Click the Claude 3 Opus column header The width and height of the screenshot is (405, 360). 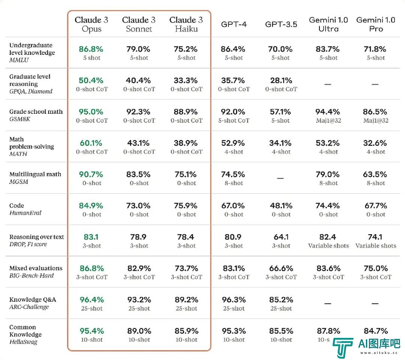91,24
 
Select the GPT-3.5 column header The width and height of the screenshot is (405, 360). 281,24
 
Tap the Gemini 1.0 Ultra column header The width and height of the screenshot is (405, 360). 328,24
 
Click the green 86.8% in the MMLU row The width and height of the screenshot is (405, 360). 91,49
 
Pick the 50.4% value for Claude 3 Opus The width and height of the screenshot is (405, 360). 91,80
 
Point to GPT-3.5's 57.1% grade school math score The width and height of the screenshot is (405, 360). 281,112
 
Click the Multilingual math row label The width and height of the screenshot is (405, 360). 35,174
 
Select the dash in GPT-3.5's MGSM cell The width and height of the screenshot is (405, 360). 280,178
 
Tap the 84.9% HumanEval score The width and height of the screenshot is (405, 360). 91,206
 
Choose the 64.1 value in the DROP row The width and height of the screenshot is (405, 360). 281,237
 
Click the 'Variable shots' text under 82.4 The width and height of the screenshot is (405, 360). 328,246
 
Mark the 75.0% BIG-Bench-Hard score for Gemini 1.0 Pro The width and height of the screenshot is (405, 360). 376,268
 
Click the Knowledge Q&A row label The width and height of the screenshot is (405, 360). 33,300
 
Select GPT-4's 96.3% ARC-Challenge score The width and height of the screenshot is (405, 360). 234,300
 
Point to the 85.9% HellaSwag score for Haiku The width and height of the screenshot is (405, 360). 186,331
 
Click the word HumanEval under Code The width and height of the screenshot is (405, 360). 25,213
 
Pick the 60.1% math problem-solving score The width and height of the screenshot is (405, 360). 91,143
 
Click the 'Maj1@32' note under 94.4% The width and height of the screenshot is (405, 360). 328,121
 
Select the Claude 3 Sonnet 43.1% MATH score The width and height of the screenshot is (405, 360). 139,143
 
